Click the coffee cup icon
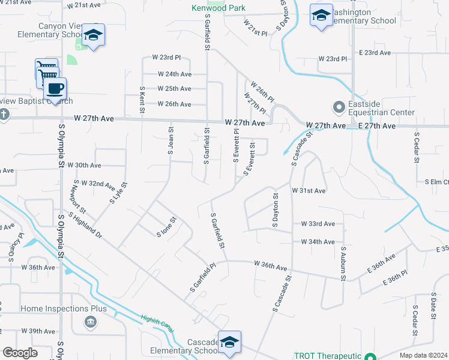coord(55,89)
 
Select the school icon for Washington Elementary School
coord(321,16)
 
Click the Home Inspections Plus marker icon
coord(90,322)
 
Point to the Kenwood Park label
coord(218,8)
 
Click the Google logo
coord(20,353)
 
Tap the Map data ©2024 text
coord(423,355)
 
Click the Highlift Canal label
coord(157,325)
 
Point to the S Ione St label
coord(166,226)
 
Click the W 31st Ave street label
coord(309,190)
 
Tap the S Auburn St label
coord(343,263)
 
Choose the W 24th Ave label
coord(175,74)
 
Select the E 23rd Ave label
coord(375,53)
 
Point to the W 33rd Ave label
coord(318,224)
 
